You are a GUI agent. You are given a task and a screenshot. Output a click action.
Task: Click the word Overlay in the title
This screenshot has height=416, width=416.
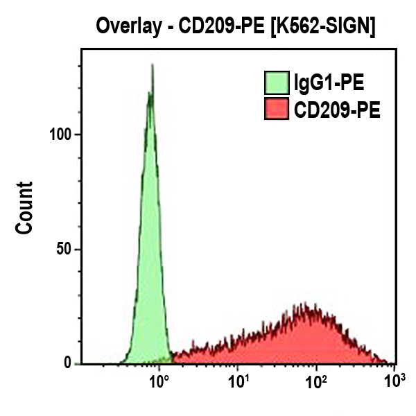pos(127,28)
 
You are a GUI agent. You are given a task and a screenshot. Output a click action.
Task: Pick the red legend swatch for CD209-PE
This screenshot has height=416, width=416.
pos(276,110)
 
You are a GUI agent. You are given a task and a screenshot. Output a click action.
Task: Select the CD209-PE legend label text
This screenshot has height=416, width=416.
pos(336,110)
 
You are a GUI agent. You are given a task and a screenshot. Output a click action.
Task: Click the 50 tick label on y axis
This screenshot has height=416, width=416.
pos(64,249)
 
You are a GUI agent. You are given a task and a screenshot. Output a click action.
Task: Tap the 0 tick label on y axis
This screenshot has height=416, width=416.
pos(68,363)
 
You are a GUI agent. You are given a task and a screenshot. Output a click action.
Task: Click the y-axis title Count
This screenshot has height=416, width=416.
pos(25,207)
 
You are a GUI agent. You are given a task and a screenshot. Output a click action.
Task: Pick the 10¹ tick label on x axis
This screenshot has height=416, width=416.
pos(239,381)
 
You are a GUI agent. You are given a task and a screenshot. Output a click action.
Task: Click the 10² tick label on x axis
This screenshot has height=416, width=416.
pos(317,381)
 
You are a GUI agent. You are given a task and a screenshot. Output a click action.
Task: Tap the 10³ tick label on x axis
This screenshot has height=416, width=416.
pos(393,381)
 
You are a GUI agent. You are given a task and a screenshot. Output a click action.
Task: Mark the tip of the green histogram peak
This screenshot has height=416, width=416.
pos(152,66)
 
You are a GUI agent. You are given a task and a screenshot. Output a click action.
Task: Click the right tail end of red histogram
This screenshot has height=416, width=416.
pos(388,363)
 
